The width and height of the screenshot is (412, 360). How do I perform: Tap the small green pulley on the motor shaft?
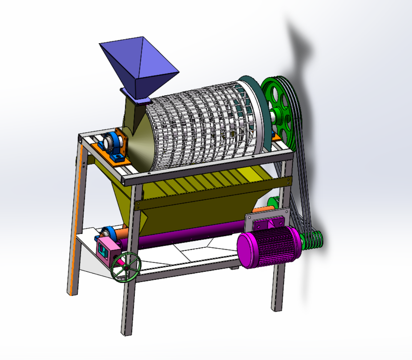click(x=313, y=240)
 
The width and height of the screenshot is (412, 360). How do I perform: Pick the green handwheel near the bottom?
click(x=126, y=267)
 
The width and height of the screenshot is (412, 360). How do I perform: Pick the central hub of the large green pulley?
click(x=275, y=115)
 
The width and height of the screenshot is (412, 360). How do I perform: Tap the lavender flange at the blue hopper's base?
click(x=136, y=96)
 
